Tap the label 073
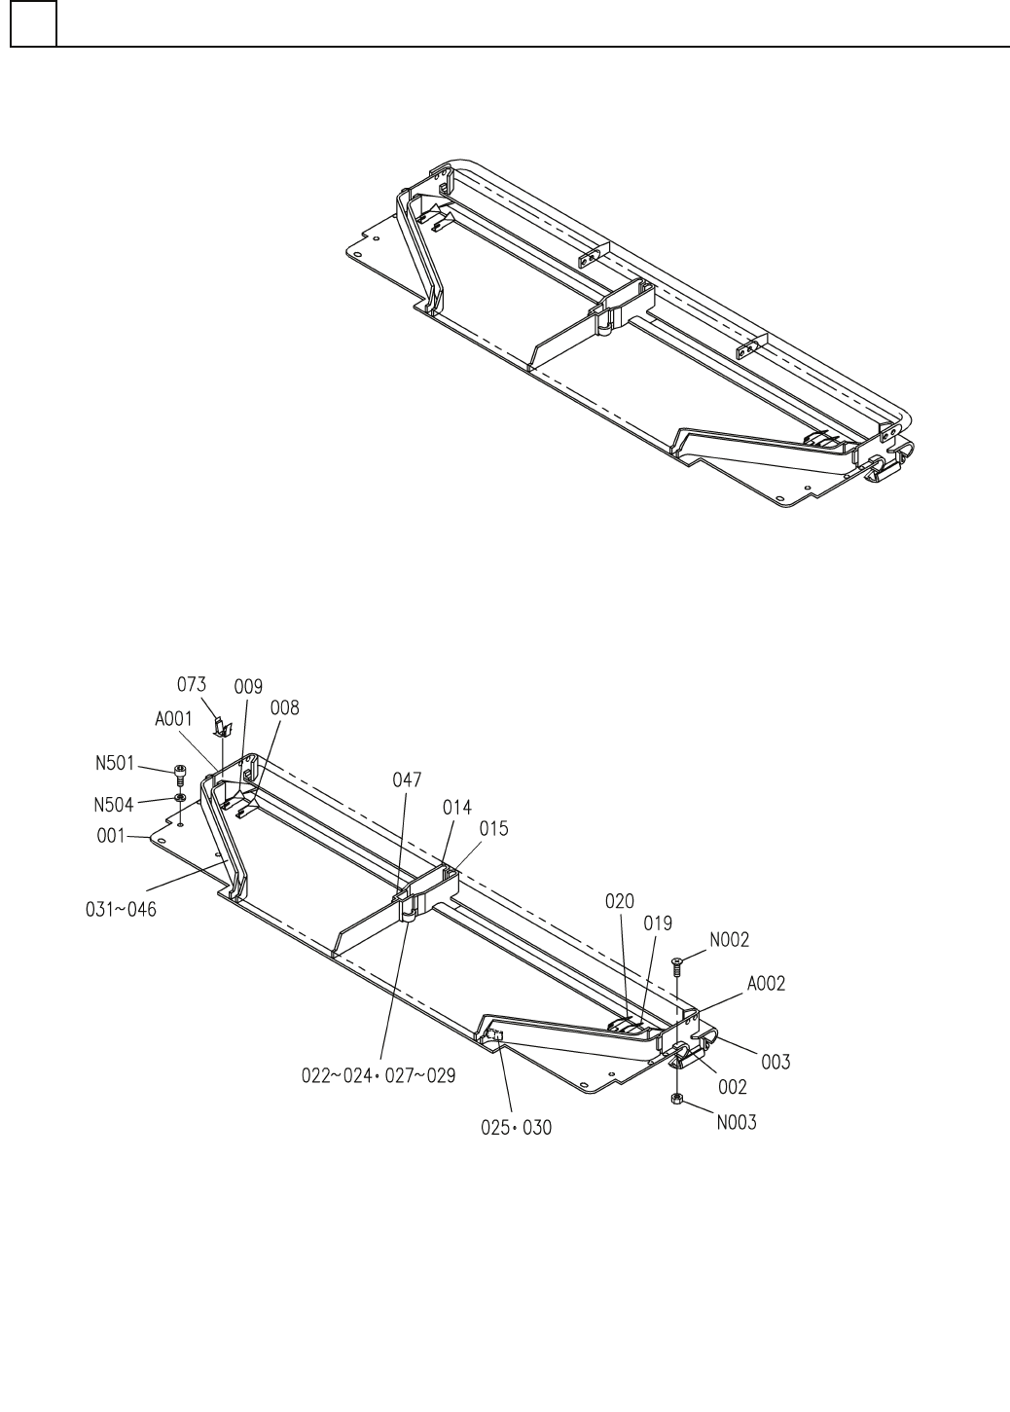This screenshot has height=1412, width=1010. coord(192,686)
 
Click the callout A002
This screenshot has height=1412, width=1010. coord(766,984)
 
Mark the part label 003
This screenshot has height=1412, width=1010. coord(776,1063)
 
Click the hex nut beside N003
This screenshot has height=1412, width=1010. coord(677,1099)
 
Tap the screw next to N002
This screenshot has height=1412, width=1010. coord(677,964)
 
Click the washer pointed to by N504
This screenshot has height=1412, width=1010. coord(180,798)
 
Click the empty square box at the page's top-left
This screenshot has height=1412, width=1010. coord(33,22)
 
